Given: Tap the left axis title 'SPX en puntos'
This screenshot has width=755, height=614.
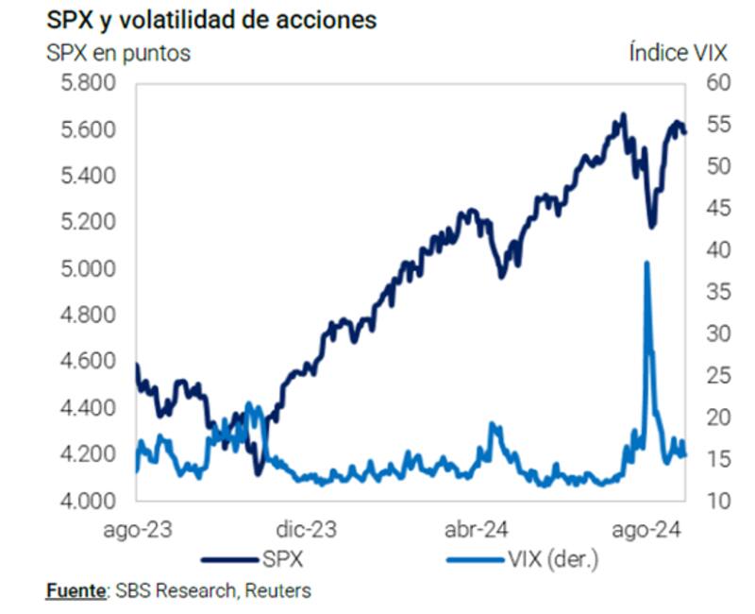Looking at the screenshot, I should click(x=118, y=53).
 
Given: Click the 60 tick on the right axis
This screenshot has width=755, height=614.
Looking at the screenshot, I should click(x=719, y=84).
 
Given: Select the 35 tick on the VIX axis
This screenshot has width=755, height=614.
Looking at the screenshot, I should click(x=719, y=292).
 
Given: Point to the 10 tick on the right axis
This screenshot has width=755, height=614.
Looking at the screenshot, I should click(x=719, y=501).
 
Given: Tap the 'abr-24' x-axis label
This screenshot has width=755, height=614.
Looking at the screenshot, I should click(x=478, y=531).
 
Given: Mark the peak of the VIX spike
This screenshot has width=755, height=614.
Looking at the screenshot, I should click(x=646, y=263).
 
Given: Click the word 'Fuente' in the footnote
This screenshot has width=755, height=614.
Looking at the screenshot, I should click(x=75, y=591).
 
